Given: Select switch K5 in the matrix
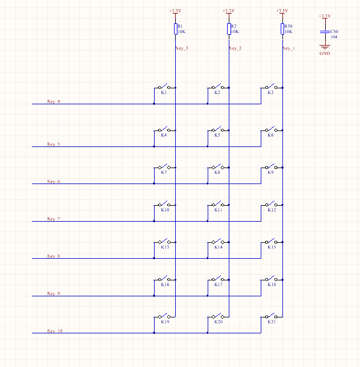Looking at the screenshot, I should [217, 131].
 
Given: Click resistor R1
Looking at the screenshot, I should [175, 29].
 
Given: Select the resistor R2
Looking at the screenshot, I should [229, 29].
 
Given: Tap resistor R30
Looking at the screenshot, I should [282, 29].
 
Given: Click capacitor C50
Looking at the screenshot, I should [325, 32].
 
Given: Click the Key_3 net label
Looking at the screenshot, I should [181, 48].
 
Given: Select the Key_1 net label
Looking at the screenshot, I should [288, 48].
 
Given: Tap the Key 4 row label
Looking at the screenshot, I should [54, 101].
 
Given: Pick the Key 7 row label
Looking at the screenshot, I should [54, 219].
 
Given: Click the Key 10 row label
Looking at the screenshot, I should [55, 331].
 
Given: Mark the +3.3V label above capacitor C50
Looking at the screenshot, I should [324, 16].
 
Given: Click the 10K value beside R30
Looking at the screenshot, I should [288, 32].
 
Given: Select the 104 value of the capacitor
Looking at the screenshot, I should [334, 36].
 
